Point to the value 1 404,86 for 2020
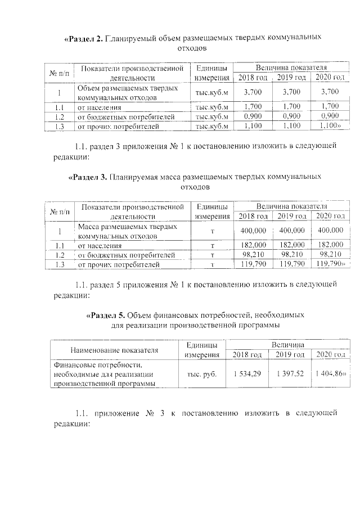pos(330,375)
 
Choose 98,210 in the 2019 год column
pos(292,254)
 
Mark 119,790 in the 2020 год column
pos(330,264)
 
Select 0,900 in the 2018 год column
pos(253,116)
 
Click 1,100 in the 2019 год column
pos(292,127)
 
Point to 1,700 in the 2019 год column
pos(292,106)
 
